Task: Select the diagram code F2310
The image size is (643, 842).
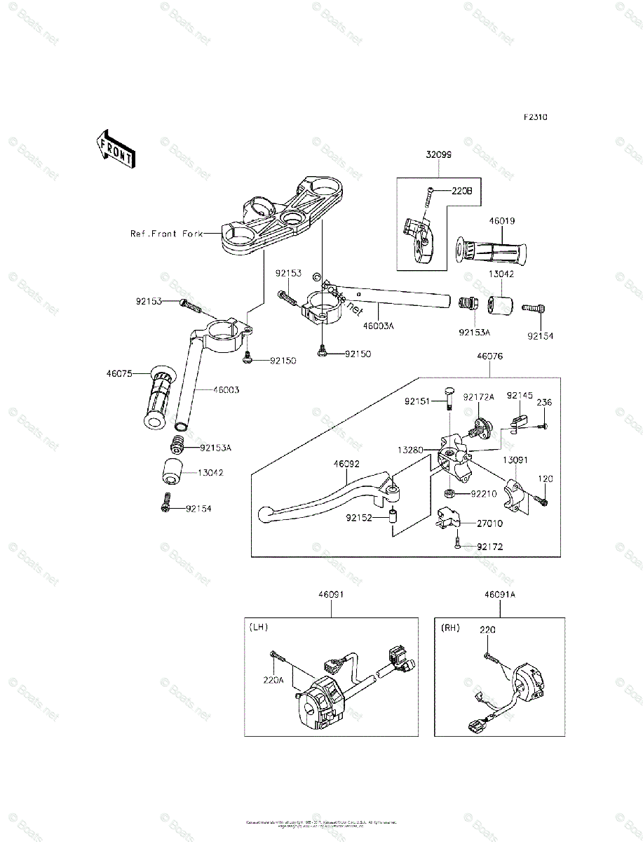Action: point(534,117)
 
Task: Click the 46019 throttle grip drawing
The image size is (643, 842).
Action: point(491,250)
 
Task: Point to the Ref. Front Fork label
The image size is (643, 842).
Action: point(165,234)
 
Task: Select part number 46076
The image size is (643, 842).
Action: point(490,356)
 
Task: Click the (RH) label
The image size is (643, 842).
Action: point(449,627)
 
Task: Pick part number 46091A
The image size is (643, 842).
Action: point(499,594)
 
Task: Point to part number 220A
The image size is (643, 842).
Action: point(273,679)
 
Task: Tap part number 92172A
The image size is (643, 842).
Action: point(481,397)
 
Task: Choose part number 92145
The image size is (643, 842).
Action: point(520,396)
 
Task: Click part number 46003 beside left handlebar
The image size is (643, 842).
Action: point(225,389)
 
